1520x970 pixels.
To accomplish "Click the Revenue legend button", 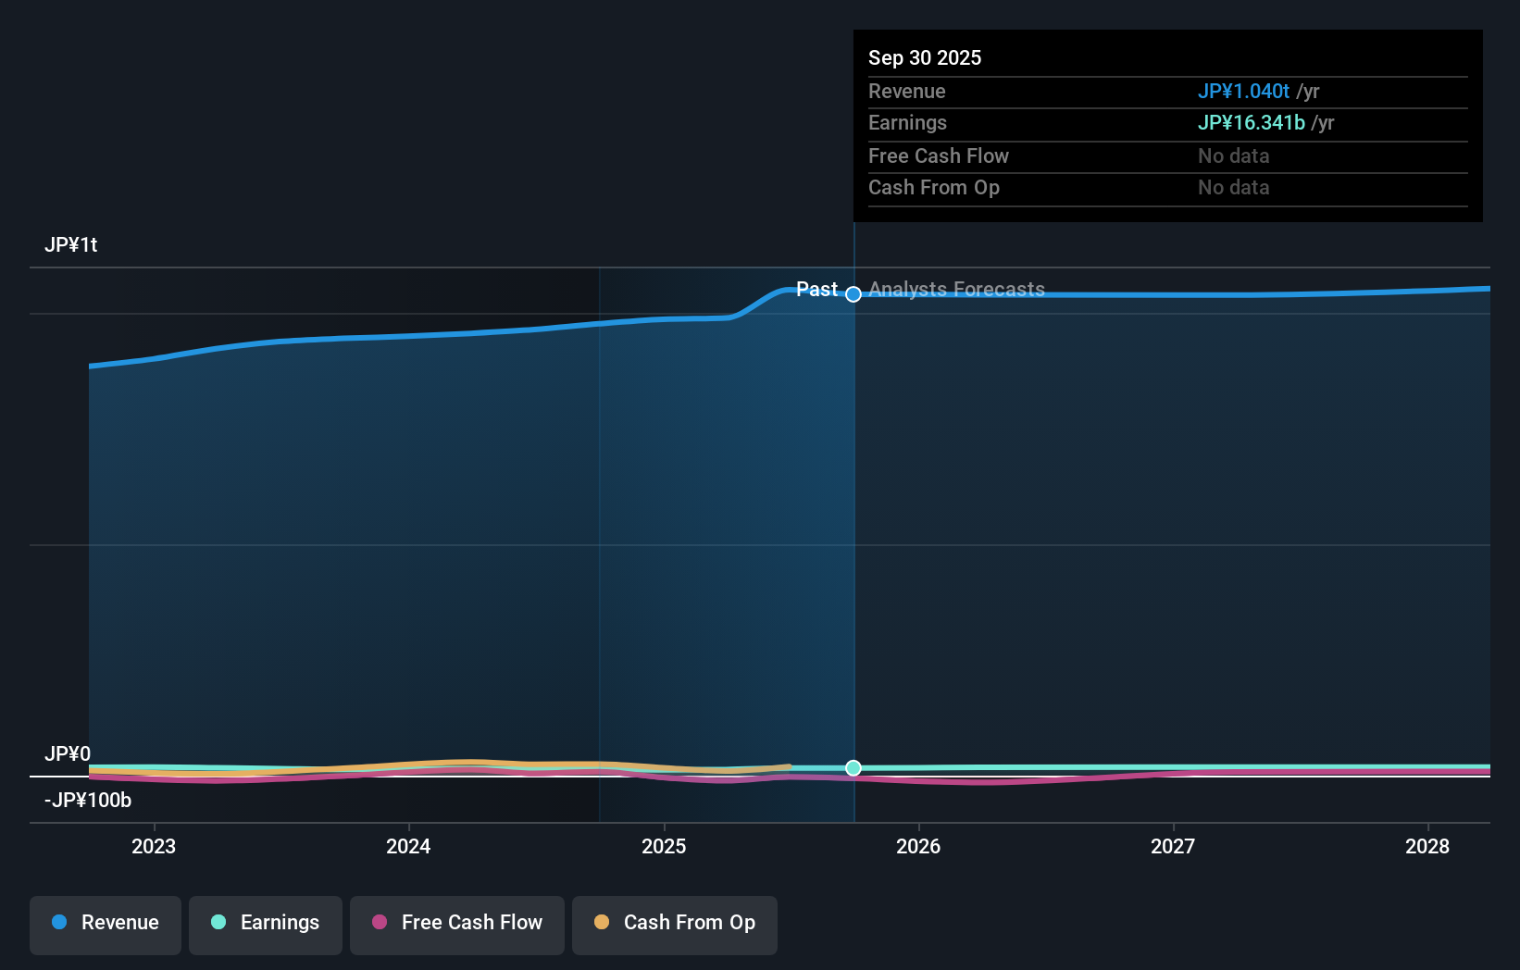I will (106, 923).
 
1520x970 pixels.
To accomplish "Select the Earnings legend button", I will (266, 923).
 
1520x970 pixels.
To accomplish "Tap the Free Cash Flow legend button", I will (457, 923).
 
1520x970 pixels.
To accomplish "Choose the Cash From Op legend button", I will (675, 923).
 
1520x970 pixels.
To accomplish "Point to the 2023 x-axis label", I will (154, 846).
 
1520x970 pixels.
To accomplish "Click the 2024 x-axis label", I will (408, 846).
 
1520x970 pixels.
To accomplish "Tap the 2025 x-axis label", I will (664, 846).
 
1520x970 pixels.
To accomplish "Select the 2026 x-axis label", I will (918, 846).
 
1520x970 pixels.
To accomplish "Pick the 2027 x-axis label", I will (1173, 846).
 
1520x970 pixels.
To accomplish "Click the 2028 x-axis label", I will (1427, 846).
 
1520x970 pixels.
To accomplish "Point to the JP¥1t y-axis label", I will (71, 245).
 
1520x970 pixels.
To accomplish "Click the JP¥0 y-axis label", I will (68, 754).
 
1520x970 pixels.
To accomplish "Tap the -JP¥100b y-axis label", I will (88, 801).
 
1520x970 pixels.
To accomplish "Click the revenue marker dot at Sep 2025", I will (853, 294).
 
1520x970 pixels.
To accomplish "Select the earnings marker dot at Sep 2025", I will (853, 768).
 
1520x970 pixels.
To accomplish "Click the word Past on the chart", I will (816, 290).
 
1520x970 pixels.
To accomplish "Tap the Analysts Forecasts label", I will (956, 290).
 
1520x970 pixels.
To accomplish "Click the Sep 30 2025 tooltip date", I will (925, 57).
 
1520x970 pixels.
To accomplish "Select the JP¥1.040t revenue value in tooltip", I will (1243, 92).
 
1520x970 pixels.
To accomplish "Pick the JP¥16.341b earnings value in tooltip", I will (1251, 123).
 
